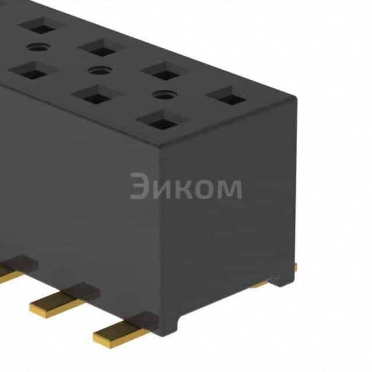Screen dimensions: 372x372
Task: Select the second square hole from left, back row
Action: point(103,49)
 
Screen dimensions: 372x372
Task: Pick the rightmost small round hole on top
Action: point(162,94)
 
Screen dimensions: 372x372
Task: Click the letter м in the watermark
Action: point(229,189)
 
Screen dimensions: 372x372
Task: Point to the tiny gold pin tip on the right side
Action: point(295,267)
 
